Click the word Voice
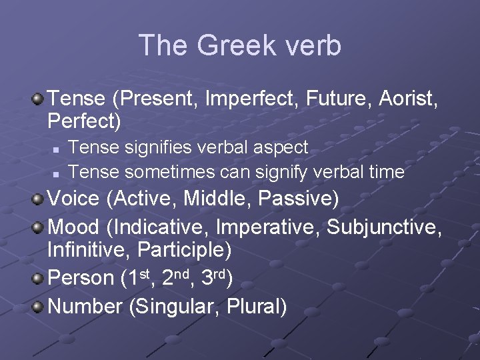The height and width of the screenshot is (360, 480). click(74, 199)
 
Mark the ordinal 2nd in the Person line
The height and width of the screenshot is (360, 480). click(177, 278)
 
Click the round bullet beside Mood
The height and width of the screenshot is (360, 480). click(39, 226)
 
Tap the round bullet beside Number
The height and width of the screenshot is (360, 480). click(39, 306)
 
